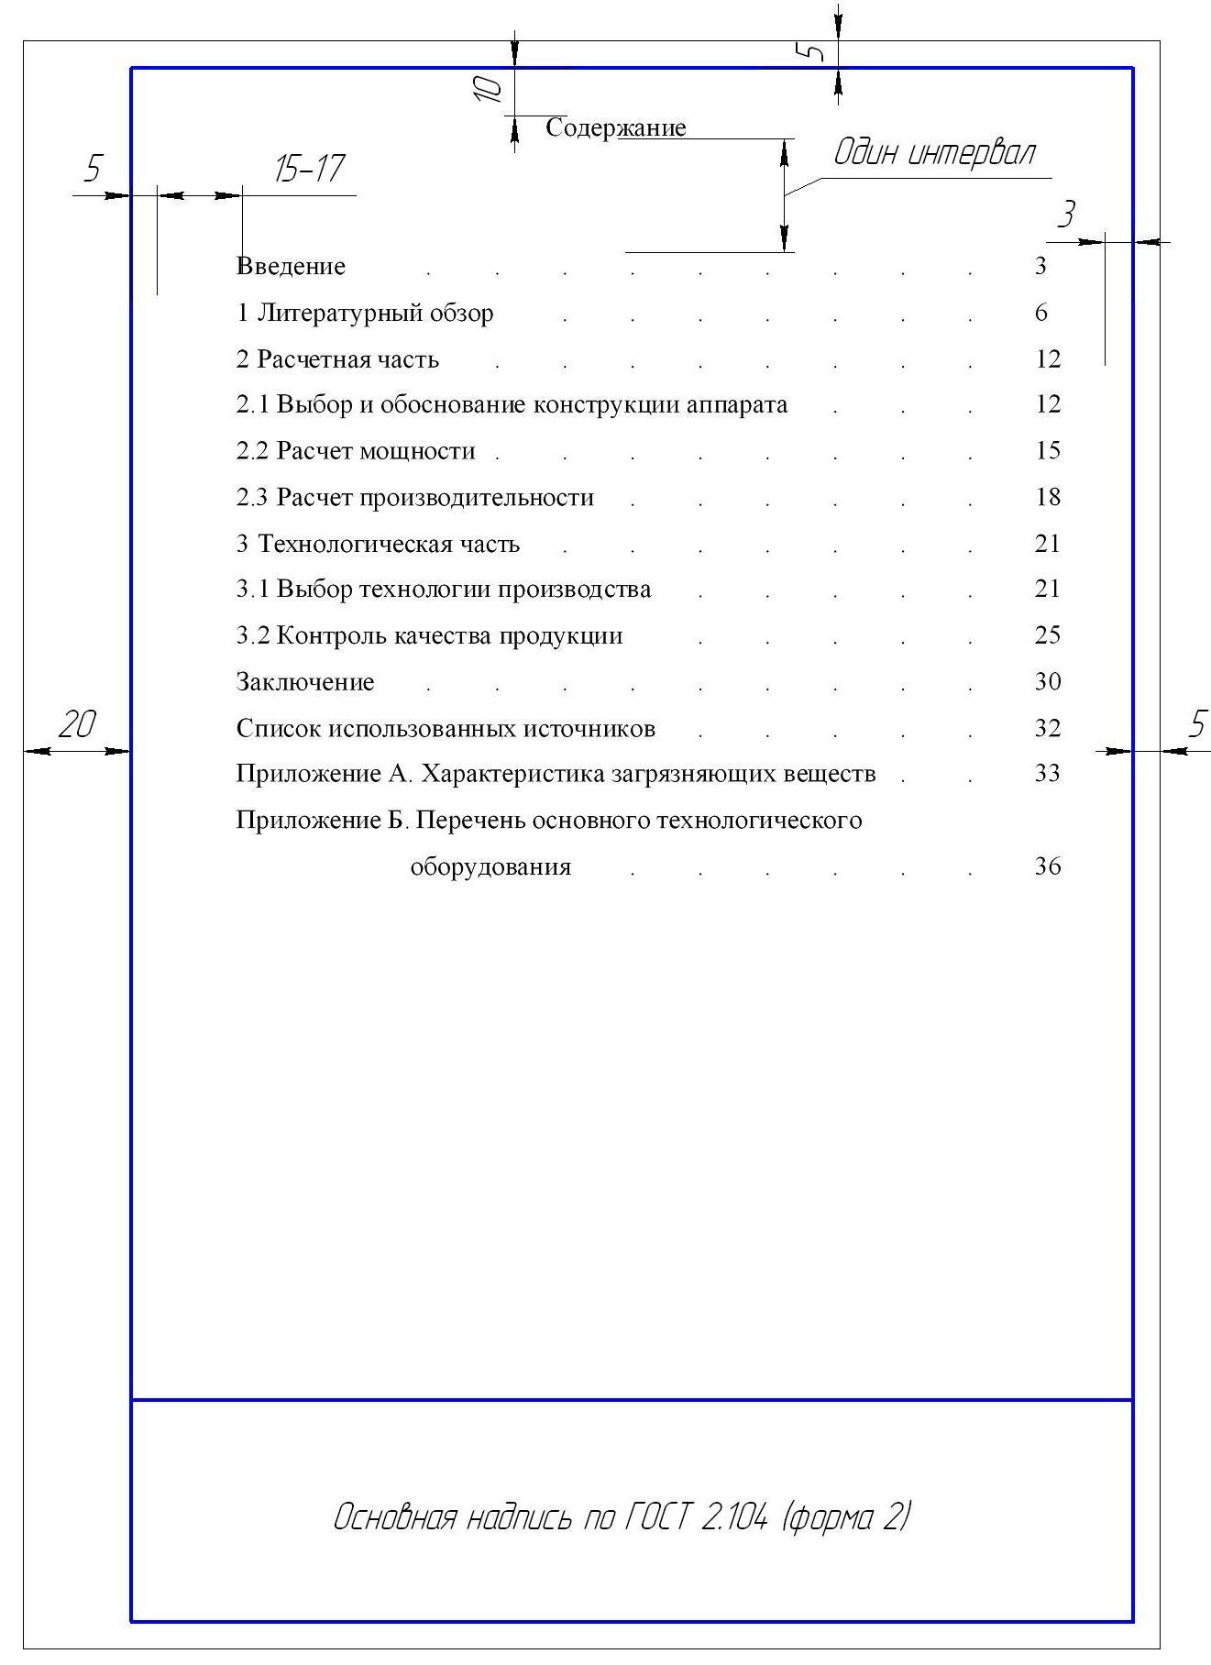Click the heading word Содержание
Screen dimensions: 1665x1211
coord(615,127)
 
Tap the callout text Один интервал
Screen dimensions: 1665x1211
coord(933,153)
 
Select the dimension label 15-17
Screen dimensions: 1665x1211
coord(309,169)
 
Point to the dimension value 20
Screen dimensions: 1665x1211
coord(77,725)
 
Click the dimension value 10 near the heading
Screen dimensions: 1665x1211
coord(489,88)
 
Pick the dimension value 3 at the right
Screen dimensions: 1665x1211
coord(1065,215)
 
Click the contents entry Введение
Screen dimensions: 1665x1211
coord(292,267)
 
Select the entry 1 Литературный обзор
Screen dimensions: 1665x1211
coord(365,314)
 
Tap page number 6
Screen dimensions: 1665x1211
coord(1040,314)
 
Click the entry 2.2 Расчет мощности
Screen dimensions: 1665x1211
coord(356,451)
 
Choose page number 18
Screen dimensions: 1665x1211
coord(1047,497)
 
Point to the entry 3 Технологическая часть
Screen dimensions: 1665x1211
coord(378,544)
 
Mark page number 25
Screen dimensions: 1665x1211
coord(1047,635)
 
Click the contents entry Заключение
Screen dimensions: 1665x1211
coord(305,682)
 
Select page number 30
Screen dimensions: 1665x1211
coord(1047,681)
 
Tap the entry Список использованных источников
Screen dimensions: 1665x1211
coord(446,729)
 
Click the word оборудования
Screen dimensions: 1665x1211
coord(490,866)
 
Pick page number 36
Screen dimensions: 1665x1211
coord(1047,866)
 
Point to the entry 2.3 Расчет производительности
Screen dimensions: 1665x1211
coord(415,498)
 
